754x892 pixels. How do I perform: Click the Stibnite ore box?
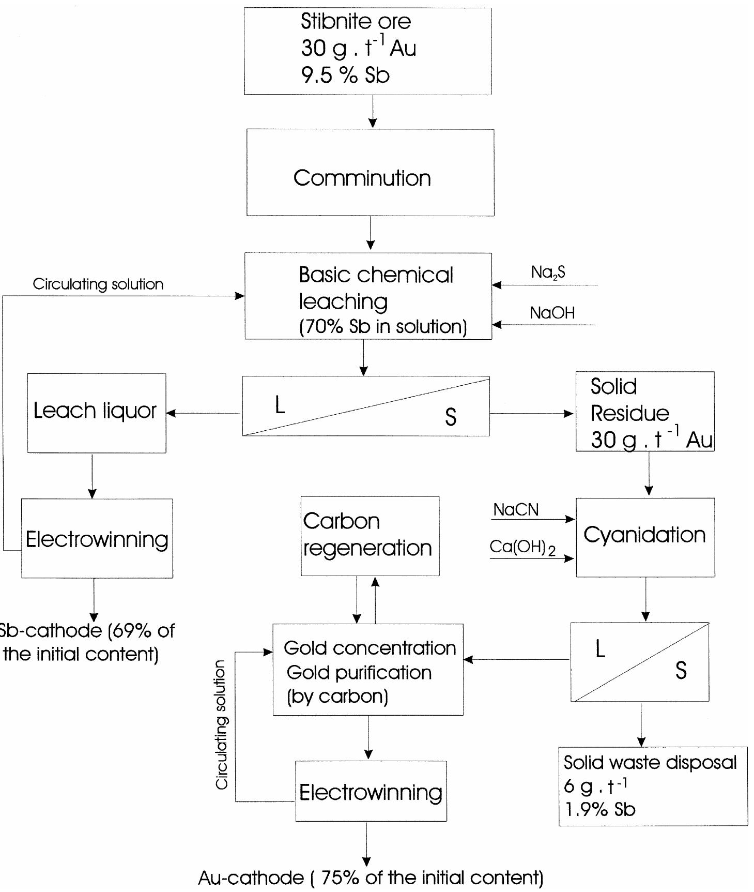367,51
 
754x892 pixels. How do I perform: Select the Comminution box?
370,172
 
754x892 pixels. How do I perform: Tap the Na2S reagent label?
548,273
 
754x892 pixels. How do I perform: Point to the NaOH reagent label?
552,313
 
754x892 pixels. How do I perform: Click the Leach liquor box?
97,413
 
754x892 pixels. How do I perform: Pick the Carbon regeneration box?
370,536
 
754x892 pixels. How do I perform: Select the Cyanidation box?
645,537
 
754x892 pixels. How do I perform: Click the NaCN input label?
516,510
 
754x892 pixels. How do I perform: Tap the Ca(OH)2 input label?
522,548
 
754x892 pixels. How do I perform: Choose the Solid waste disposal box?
653,786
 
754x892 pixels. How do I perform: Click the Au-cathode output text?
371,878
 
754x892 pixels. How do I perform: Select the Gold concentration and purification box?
368,670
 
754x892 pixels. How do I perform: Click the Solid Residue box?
645,412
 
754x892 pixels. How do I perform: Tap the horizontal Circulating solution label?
98,284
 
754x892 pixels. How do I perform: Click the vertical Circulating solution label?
222,724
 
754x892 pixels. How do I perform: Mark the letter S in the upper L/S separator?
451,417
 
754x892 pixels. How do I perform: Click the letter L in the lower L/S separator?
600,648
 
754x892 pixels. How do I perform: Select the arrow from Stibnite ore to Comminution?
373,111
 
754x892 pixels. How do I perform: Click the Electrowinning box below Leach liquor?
97,538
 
